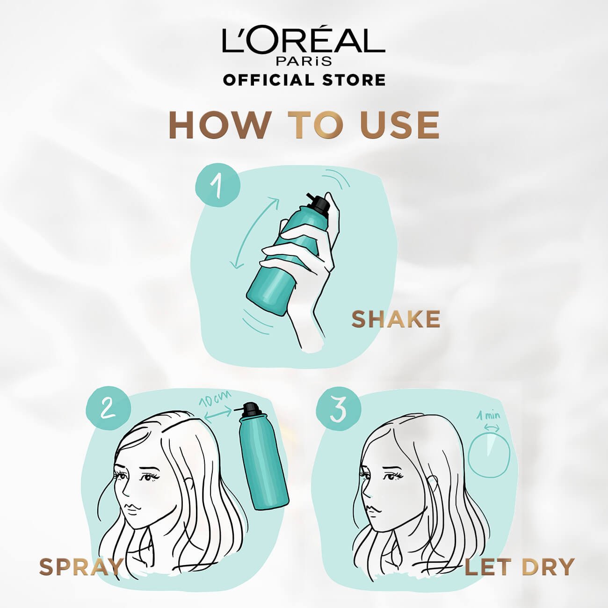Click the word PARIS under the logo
pos(304,61)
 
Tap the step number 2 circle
pos(107,410)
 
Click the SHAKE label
pos(396,319)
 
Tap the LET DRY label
pos(519,567)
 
